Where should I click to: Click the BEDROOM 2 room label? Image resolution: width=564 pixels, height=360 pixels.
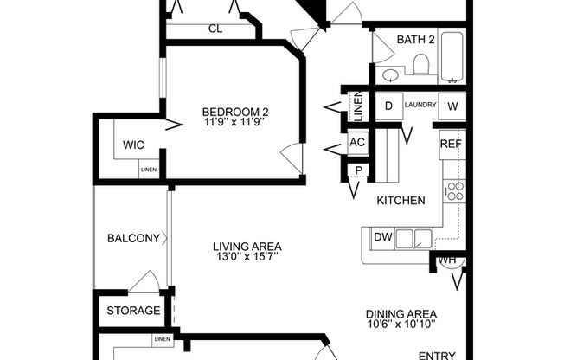[x=235, y=112]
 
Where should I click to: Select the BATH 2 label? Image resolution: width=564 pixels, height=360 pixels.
[x=416, y=39]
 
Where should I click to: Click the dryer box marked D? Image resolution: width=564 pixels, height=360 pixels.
[x=388, y=106]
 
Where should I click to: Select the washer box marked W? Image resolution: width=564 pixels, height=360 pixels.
[x=452, y=106]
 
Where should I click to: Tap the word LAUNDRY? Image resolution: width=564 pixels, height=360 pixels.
[x=420, y=106]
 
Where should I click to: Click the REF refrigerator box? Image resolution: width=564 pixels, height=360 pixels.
[x=450, y=145]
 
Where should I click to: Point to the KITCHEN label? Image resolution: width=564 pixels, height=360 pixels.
[x=401, y=201]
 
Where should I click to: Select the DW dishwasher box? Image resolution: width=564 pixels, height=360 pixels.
[x=382, y=237]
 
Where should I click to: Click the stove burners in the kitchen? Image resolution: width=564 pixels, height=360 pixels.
[x=454, y=190]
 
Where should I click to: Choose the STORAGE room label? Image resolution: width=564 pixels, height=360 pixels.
[x=133, y=311]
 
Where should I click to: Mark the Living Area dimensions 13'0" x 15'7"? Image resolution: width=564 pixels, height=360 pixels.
[x=247, y=257]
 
